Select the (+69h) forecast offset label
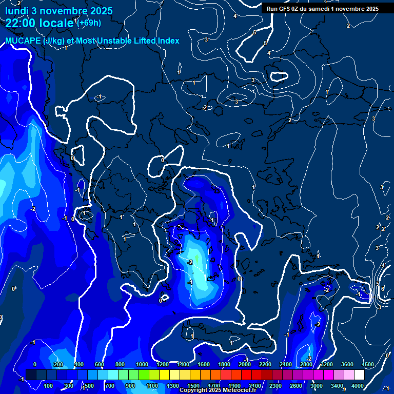tap(89, 23)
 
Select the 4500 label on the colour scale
tap(367, 364)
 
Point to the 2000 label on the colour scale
tap(244, 364)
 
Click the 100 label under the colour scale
tap(48, 386)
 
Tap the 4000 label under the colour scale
tap(358, 386)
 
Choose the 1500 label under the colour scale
tap(193, 386)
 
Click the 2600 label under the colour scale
tap(296, 386)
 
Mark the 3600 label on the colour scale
tap(347, 364)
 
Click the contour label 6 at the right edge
tap(383, 289)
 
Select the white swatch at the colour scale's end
tap(359, 375)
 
